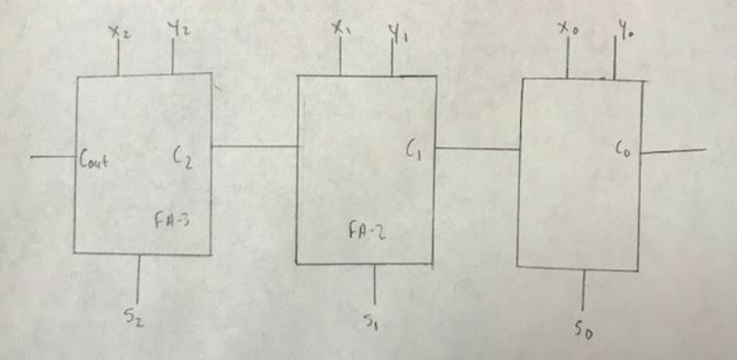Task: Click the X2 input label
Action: tap(119, 33)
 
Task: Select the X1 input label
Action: tap(340, 28)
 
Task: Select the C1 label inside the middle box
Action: tap(412, 148)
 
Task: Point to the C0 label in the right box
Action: tap(626, 148)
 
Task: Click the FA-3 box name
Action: tap(172, 222)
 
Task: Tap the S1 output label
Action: tap(372, 320)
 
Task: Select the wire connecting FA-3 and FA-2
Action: tap(253, 146)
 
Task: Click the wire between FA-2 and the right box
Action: tap(477, 148)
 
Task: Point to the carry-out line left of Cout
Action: tap(52, 157)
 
